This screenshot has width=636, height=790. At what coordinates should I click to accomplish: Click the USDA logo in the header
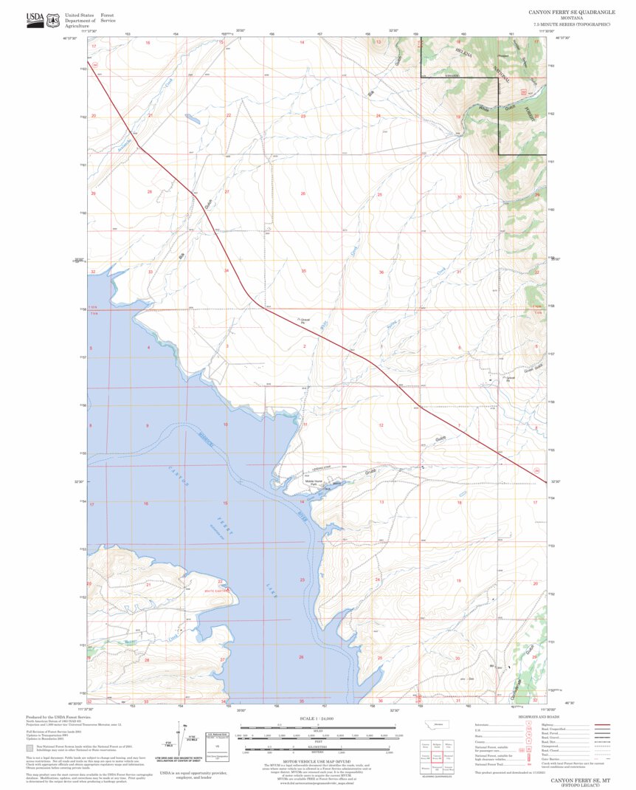(35, 20)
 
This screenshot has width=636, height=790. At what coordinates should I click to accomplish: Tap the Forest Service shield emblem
(53, 21)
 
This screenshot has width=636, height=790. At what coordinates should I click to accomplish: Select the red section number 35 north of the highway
(303, 272)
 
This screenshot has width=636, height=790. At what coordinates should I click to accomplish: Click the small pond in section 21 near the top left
(191, 117)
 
